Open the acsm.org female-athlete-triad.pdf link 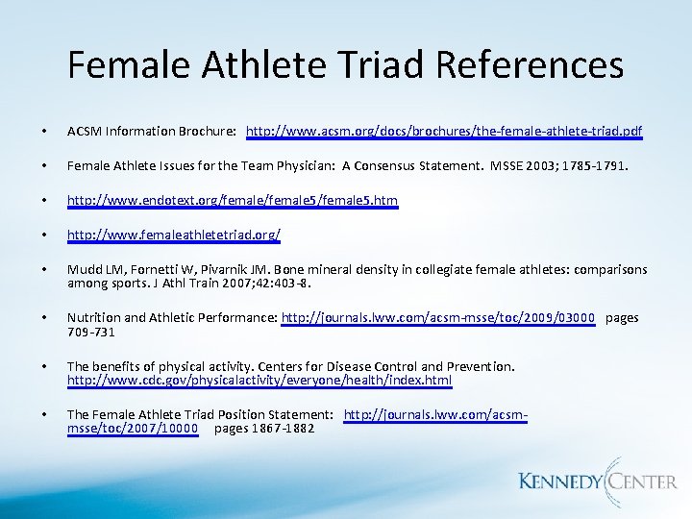(444, 130)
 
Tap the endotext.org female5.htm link (232, 200)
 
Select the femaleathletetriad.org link (173, 235)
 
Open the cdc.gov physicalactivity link (259, 381)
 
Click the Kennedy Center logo (597, 481)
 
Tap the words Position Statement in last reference (277, 414)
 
